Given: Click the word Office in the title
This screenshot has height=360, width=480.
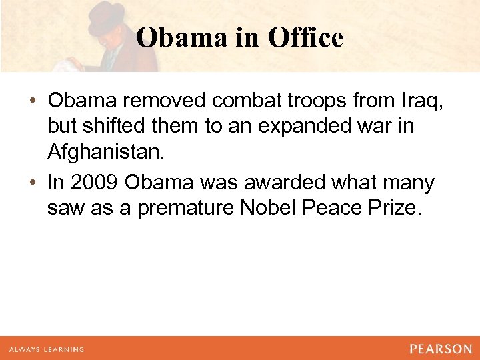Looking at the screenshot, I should (x=305, y=38).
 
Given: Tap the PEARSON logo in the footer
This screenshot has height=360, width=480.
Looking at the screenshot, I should (x=441, y=349).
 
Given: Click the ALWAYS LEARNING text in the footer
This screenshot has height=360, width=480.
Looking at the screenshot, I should (x=46, y=349).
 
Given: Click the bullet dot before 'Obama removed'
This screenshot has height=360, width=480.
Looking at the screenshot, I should (x=33, y=101).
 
